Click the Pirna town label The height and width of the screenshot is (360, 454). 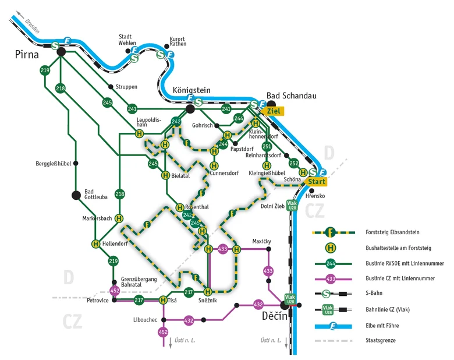27,55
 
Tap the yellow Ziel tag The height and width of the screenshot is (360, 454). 273,111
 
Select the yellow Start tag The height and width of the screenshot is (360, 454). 315,182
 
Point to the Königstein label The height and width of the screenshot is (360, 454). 191,90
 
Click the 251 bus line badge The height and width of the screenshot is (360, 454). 267,146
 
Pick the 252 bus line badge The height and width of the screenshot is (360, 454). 294,163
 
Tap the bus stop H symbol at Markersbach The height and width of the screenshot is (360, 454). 119,218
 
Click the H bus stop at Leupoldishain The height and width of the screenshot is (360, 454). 139,133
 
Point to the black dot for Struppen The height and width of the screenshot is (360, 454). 111,87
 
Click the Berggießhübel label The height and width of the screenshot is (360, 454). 54,164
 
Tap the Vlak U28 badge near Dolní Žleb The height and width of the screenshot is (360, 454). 292,205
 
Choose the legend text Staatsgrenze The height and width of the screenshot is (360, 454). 381,340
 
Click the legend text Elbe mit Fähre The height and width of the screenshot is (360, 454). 382,326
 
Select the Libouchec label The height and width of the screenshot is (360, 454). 145,320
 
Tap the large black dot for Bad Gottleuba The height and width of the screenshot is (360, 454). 76,195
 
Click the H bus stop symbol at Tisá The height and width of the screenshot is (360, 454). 163,300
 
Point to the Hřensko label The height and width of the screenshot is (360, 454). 315,196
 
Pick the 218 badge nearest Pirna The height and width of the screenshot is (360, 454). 61,88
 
